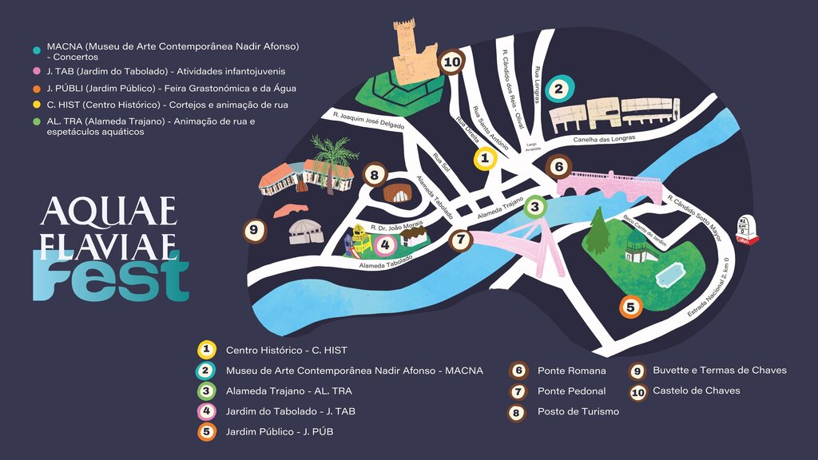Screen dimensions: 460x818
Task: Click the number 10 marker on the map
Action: point(452,61)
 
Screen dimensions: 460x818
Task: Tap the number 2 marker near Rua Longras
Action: point(559,89)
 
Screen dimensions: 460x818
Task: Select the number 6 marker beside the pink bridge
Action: point(559,167)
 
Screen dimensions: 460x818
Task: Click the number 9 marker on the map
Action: point(254,231)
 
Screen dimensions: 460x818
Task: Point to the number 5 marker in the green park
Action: point(630,307)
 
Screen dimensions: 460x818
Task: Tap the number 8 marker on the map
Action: point(374,174)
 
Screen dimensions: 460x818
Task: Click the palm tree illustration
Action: point(335,155)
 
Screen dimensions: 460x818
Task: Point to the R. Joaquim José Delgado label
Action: point(368,121)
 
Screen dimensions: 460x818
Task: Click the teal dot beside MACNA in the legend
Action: point(38,50)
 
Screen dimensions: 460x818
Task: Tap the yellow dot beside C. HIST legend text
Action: point(38,105)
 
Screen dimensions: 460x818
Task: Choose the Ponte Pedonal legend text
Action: point(571,391)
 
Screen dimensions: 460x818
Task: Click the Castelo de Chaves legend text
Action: point(696,391)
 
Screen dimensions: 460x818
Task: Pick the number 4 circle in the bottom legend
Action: point(207,412)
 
